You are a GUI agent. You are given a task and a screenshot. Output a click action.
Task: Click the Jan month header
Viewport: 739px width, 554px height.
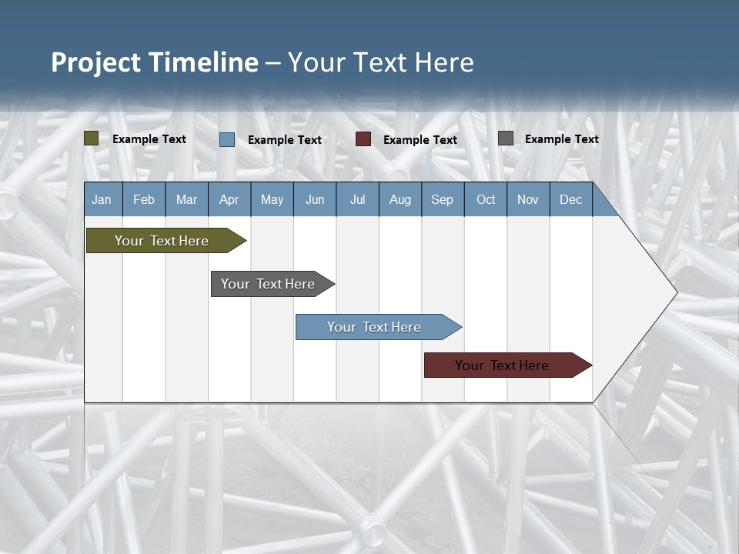pos(102,199)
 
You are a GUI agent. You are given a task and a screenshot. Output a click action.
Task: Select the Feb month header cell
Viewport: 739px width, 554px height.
pos(144,199)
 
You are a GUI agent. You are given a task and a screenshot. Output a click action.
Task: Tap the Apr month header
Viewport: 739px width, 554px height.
pos(229,199)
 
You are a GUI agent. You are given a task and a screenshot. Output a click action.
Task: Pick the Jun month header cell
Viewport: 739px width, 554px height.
pos(315,199)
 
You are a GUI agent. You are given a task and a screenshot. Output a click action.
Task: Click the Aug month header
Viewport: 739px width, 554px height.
pos(400,199)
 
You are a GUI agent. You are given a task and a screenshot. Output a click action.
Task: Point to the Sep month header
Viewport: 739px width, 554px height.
pos(443,199)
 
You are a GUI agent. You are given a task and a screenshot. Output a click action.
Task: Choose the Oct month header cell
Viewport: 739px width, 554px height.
pos(486,199)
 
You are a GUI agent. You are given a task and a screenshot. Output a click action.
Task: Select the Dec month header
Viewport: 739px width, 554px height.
pos(571,199)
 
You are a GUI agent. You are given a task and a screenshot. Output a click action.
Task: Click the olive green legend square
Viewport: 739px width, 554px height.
pos(92,138)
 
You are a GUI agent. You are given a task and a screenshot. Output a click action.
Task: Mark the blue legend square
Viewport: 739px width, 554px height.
pos(227,139)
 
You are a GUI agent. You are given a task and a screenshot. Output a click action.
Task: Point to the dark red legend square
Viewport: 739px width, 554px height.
pos(363,139)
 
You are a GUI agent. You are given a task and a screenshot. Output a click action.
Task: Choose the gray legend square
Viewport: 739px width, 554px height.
pos(506,138)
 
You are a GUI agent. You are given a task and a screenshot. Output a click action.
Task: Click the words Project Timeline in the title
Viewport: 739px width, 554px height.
pos(155,62)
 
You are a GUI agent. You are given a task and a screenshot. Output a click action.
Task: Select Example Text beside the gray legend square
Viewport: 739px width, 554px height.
pos(562,139)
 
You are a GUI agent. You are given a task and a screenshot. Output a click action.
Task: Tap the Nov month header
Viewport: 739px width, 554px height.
pos(528,199)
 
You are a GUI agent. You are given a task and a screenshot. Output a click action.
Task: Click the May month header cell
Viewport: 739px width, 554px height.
pos(272,199)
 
